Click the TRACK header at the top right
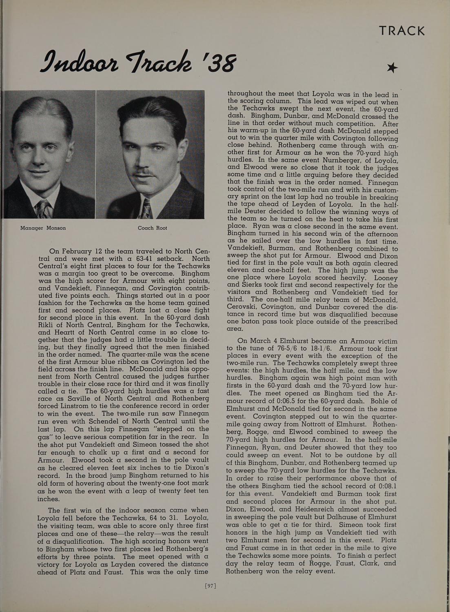pos(401,31)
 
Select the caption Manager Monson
pos(43,228)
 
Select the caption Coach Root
pos(152,228)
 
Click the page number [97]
pos(210,586)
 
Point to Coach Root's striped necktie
pos(146,208)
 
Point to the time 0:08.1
pos(382,486)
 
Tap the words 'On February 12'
pos(75,251)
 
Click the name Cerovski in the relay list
pos(243,307)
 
